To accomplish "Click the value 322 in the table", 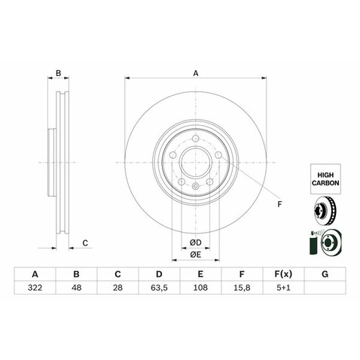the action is point(35,288).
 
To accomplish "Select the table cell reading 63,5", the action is point(159,288).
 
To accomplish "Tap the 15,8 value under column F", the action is point(242,288).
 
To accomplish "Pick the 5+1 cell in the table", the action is point(283,288).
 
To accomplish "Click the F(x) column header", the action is point(283,274).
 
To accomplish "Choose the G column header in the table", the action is point(325,274).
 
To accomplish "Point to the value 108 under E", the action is point(200,288).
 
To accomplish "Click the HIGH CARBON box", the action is point(325,179).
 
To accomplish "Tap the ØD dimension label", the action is point(196,243).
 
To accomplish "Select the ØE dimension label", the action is point(196,255).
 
